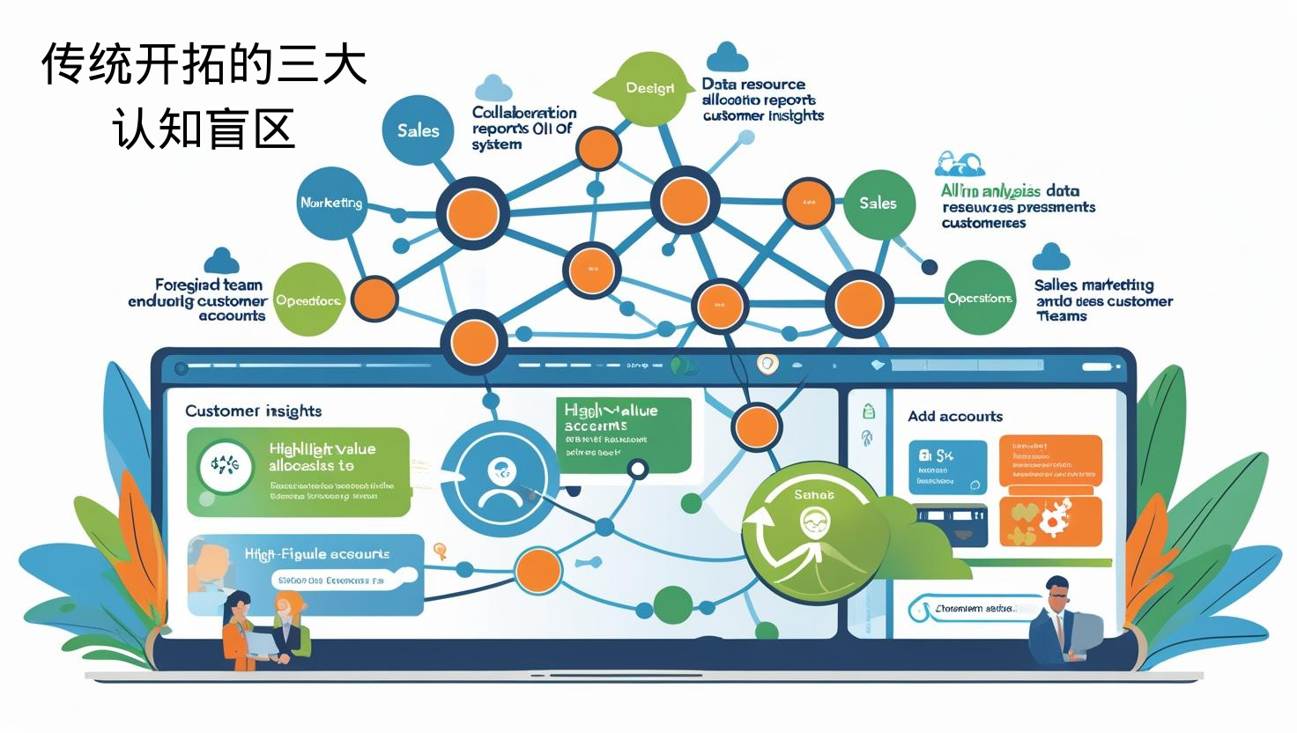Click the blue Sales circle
tap(418, 130)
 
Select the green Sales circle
tap(878, 204)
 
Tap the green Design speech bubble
tap(650, 88)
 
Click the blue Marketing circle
tap(331, 204)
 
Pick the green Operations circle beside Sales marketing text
tap(980, 299)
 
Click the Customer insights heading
tap(254, 411)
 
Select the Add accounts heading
tap(955, 416)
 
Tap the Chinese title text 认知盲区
tap(204, 130)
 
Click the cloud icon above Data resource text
tap(727, 57)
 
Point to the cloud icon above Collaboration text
tap(493, 88)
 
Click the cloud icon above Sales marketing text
tap(1050, 257)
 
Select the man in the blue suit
tap(1057, 621)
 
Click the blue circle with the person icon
tap(499, 480)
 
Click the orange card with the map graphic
tap(1050, 522)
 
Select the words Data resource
tap(753, 85)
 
